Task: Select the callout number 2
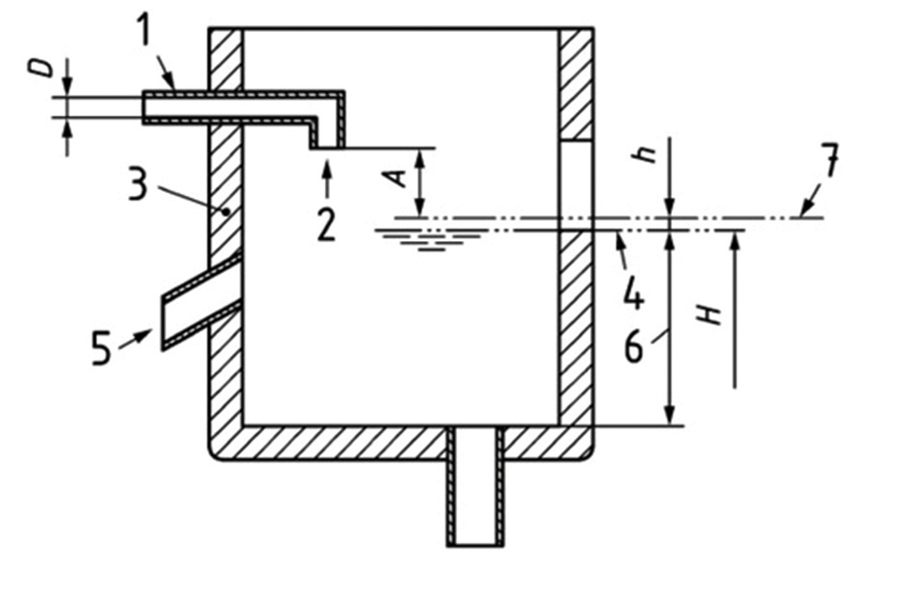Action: tap(326, 223)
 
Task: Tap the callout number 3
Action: tap(138, 183)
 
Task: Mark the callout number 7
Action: tap(828, 162)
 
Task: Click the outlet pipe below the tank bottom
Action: tap(475, 502)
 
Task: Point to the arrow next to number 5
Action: tap(137, 337)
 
